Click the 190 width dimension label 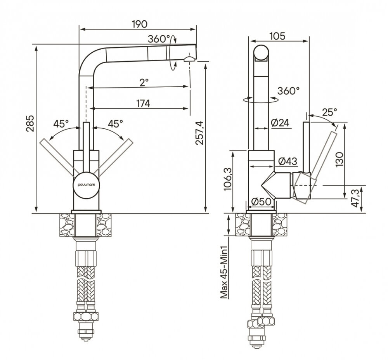point(140,24)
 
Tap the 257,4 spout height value point(199,132)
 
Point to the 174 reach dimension point(143,103)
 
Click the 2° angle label point(144,82)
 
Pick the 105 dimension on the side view point(277,36)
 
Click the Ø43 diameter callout point(288,161)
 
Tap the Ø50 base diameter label point(261,202)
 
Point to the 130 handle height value point(340,159)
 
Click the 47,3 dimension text point(355,198)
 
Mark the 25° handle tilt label point(329,112)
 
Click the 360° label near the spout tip point(159,38)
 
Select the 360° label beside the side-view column point(288,91)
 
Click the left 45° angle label point(61,123)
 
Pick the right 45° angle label point(115,123)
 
